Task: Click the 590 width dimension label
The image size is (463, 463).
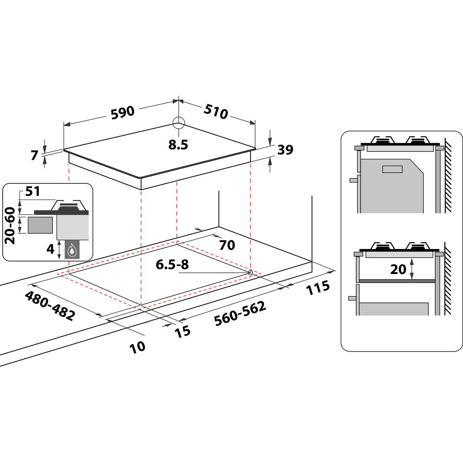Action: pyautogui.click(x=123, y=113)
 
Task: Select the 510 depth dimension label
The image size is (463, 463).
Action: pyautogui.click(x=216, y=111)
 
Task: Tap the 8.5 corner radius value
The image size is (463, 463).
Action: pyautogui.click(x=178, y=144)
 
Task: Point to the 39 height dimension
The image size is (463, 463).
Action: pyautogui.click(x=285, y=150)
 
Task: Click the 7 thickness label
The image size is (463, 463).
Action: pyautogui.click(x=35, y=155)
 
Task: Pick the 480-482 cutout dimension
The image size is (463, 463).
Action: pyautogui.click(x=50, y=306)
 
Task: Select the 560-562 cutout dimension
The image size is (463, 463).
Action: pyautogui.click(x=240, y=313)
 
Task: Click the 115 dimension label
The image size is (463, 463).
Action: pyautogui.click(x=318, y=288)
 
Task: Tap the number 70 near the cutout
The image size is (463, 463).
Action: pyautogui.click(x=227, y=245)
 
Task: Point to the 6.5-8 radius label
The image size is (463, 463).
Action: pyautogui.click(x=172, y=264)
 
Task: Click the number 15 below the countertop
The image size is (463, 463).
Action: pyautogui.click(x=182, y=332)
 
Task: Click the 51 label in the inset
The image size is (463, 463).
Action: pyautogui.click(x=32, y=191)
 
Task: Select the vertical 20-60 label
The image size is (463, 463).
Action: pyautogui.click(x=10, y=225)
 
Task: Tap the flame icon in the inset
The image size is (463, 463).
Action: pyautogui.click(x=71, y=250)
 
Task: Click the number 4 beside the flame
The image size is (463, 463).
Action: pyautogui.click(x=50, y=249)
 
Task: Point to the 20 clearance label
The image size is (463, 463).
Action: pyautogui.click(x=398, y=269)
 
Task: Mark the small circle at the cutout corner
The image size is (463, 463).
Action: pyautogui.click(x=250, y=273)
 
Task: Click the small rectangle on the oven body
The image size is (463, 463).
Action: pyautogui.click(x=393, y=169)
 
